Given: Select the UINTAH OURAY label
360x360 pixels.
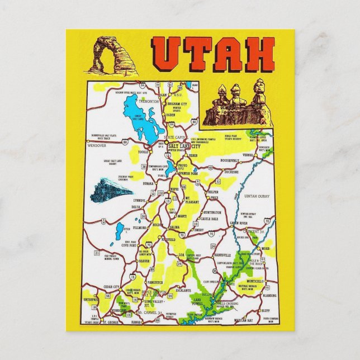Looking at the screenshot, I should pyautogui.click(x=257, y=196).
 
